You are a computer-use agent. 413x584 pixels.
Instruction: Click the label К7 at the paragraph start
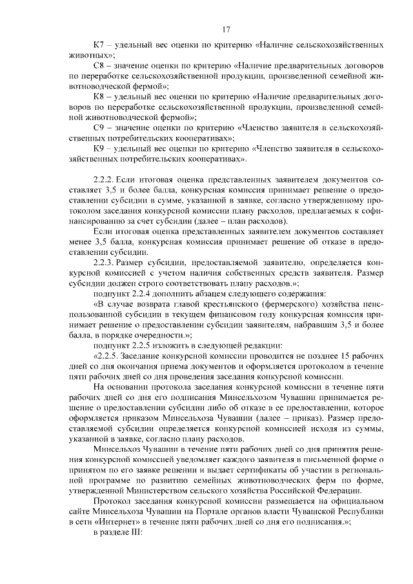coord(99,46)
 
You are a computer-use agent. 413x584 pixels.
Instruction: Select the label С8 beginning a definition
coord(99,66)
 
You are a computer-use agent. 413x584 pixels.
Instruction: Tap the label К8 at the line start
coord(99,96)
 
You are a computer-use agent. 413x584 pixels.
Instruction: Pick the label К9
coord(99,147)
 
